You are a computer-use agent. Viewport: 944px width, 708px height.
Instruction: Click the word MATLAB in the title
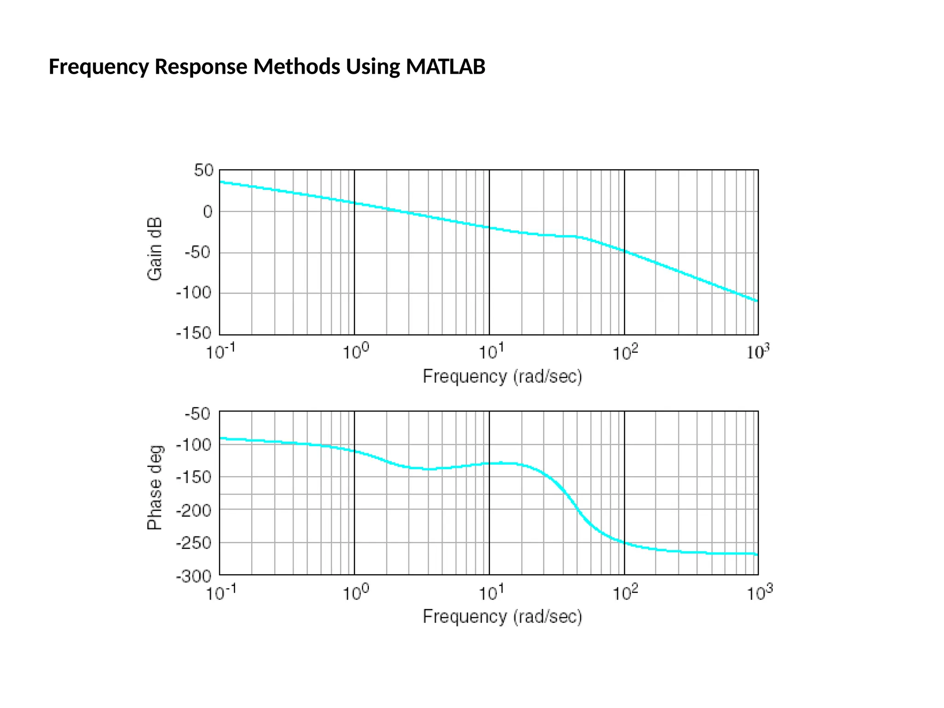(445, 67)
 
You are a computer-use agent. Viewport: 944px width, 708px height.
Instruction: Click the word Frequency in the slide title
(99, 67)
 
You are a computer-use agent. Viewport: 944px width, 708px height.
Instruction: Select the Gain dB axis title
(155, 249)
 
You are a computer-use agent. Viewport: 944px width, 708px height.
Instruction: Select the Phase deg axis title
(155, 487)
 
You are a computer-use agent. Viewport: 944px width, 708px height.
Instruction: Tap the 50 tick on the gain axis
(203, 171)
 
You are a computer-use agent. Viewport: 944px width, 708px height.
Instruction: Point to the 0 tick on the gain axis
(208, 212)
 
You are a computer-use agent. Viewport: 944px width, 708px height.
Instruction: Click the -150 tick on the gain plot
(194, 333)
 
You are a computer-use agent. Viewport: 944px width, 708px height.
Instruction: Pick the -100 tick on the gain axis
(194, 293)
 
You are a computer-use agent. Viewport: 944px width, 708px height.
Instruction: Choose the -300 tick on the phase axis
(194, 576)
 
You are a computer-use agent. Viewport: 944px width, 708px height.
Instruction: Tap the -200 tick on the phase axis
(194, 511)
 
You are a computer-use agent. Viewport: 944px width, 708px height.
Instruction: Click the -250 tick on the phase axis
(194, 543)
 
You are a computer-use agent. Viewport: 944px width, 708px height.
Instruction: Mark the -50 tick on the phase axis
(198, 414)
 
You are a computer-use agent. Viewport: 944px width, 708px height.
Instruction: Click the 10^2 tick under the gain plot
(625, 353)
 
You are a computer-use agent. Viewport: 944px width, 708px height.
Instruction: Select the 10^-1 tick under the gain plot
(220, 353)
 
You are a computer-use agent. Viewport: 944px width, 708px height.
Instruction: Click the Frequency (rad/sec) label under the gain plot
(502, 377)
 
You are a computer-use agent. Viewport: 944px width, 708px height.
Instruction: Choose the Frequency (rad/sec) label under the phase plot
(502, 617)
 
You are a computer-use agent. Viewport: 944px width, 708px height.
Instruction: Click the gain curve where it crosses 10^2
(625, 251)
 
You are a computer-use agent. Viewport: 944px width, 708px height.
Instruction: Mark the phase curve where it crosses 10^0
(354, 451)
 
